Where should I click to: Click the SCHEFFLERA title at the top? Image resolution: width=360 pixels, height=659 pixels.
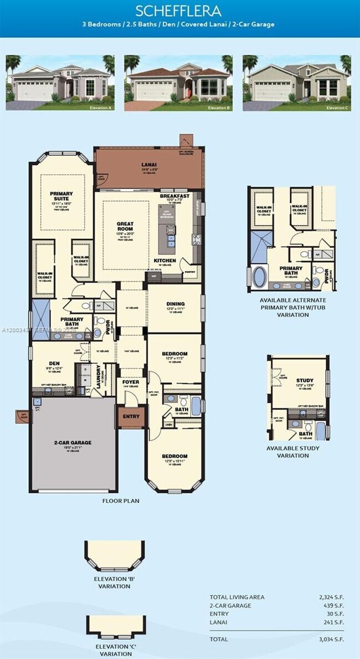point(178,11)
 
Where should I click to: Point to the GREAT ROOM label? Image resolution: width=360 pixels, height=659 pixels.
point(125,227)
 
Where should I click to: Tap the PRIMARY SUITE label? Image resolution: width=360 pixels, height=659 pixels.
point(61,197)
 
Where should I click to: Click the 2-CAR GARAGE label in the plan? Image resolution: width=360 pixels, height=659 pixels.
point(73,442)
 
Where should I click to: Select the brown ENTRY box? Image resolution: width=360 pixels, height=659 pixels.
point(131,417)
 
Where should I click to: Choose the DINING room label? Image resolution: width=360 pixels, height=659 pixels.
point(175,304)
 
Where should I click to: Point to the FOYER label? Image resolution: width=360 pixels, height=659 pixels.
point(131,382)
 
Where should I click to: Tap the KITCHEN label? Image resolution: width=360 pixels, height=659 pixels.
point(164,260)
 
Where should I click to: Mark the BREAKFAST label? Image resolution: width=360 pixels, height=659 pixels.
point(174,196)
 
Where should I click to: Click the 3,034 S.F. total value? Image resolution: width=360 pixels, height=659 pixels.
point(331,639)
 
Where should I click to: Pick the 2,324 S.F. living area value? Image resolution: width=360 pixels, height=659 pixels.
point(331,597)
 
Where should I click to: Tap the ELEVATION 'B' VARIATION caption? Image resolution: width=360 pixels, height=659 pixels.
point(115,583)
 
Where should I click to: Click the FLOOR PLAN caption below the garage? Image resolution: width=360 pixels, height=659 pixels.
point(121,500)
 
